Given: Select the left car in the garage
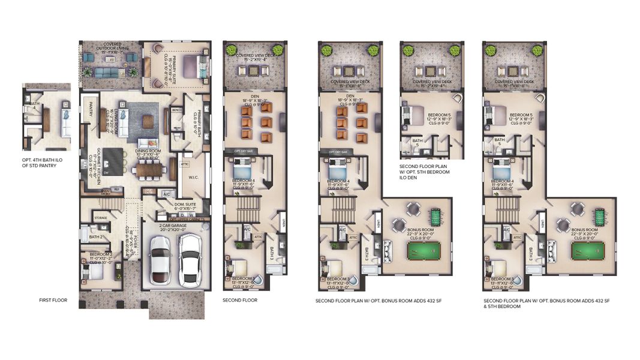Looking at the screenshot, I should (x=161, y=259).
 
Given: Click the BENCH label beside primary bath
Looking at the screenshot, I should (x=176, y=110).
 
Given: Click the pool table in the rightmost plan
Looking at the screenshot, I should (x=591, y=250).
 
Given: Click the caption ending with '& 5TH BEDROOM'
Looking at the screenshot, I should (x=546, y=303).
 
